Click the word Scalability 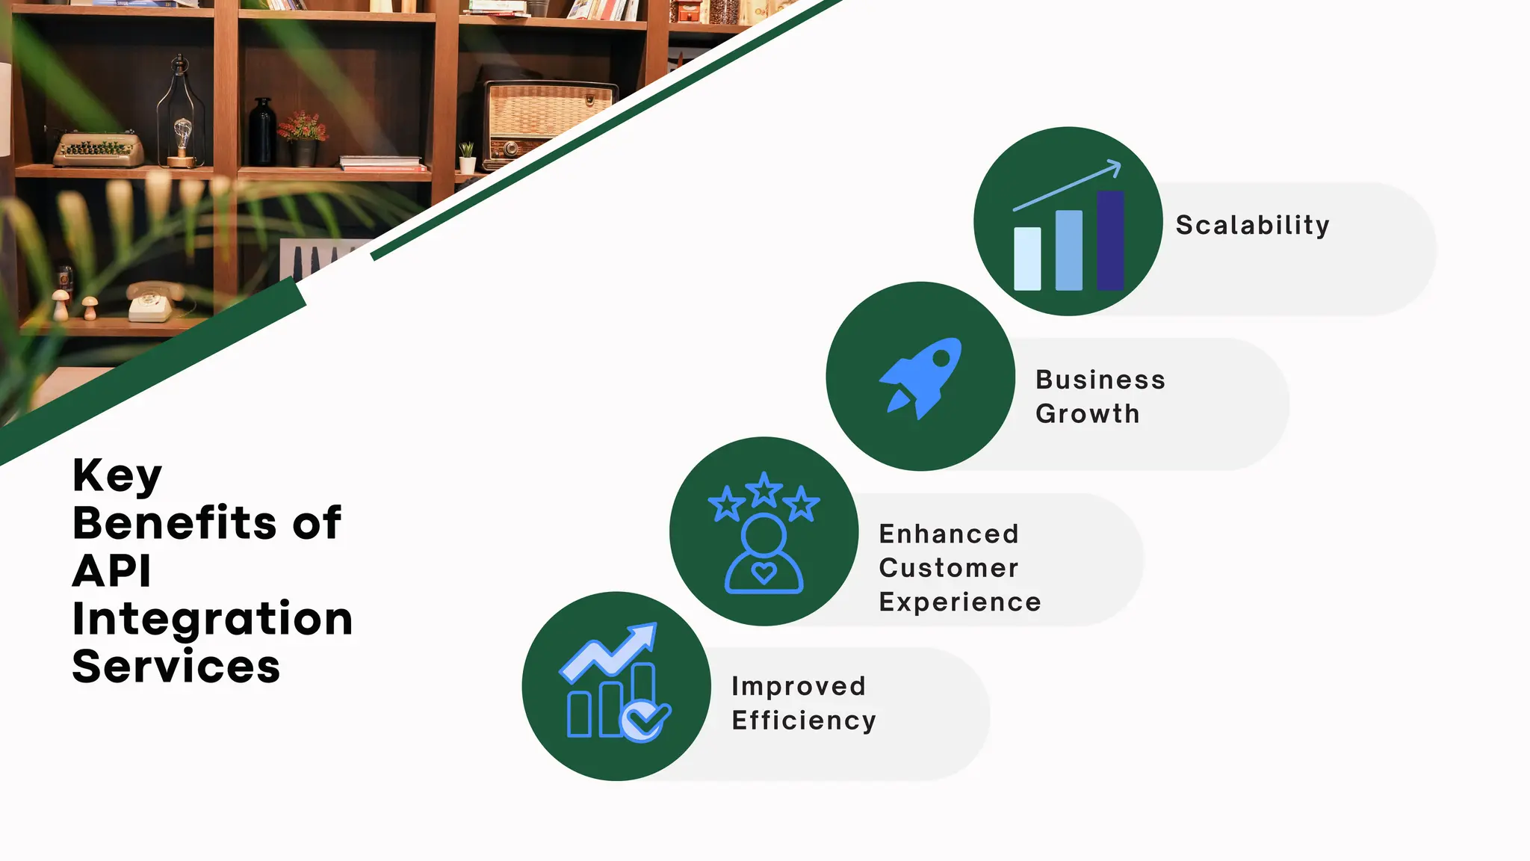click(1252, 225)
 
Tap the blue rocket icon click(921, 377)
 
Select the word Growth click(1087, 413)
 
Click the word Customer click(948, 568)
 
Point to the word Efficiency click(804, 720)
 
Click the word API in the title click(112, 571)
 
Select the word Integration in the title click(212, 619)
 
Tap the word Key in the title click(117, 475)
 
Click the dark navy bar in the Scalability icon click(1110, 240)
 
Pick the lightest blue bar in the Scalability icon click(1027, 259)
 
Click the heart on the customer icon click(764, 573)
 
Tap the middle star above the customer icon click(764, 490)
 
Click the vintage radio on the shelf click(549, 122)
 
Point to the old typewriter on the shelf click(98, 148)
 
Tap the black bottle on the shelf click(262, 132)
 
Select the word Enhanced click(949, 534)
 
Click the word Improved click(799, 686)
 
